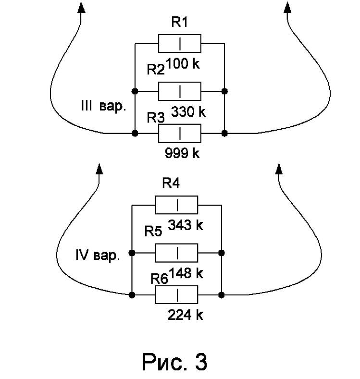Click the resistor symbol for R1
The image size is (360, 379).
(179, 44)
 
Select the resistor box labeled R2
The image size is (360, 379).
(179, 91)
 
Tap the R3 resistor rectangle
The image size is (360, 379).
(179, 134)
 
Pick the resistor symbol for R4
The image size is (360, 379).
(176, 205)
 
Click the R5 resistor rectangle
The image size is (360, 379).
(176, 253)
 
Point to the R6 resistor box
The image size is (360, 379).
(176, 295)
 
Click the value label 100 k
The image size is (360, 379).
(183, 63)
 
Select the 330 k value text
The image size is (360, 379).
(188, 112)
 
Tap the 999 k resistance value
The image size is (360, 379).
(182, 153)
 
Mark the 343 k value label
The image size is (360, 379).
(186, 225)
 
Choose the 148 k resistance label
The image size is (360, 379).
(186, 273)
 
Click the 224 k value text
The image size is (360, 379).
(186, 315)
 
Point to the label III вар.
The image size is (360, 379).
(103, 106)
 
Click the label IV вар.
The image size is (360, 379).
(98, 255)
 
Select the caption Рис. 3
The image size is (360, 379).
(174, 362)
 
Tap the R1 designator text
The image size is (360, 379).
(180, 22)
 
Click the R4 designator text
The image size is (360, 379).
(171, 183)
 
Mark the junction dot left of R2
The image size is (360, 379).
(135, 91)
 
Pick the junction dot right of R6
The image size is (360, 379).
(222, 295)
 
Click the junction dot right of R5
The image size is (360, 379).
(222, 253)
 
